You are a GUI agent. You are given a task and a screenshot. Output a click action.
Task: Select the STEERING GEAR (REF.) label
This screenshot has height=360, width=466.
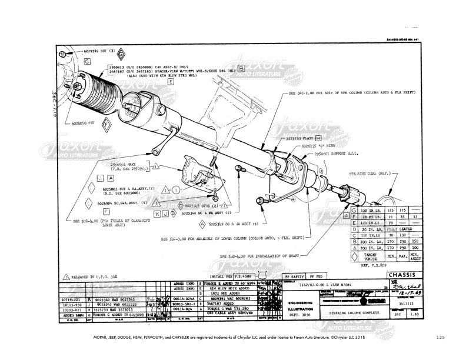(x=371, y=174)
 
